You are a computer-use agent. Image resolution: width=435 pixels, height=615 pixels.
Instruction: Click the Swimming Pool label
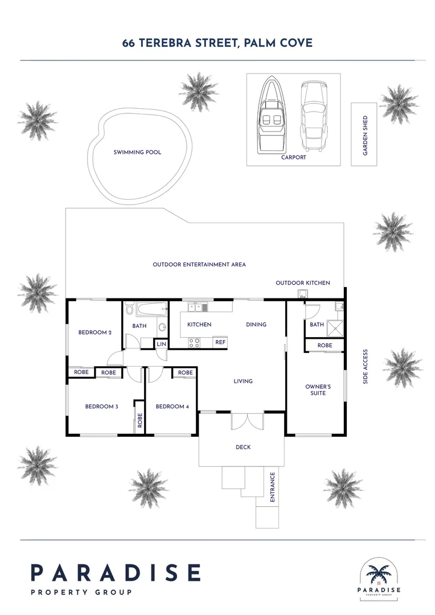[137, 152]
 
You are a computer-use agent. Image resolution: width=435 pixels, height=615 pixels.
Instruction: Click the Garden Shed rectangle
[364, 134]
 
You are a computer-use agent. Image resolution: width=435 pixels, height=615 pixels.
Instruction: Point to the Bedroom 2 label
[95, 332]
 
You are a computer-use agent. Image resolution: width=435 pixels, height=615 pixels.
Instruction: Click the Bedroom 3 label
[101, 407]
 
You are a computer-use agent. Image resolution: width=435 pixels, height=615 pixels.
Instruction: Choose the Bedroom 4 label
[172, 407]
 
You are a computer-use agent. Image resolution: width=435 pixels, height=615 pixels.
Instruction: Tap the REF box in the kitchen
[220, 342]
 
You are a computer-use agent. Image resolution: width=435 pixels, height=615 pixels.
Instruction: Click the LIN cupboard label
[161, 344]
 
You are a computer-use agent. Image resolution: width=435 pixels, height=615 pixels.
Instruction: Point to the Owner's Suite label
[318, 390]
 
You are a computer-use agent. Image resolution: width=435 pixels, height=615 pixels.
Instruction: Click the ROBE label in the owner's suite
[325, 346]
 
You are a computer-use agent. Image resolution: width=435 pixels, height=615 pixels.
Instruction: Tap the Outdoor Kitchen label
[302, 283]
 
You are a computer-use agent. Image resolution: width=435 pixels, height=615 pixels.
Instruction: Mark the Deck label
[243, 447]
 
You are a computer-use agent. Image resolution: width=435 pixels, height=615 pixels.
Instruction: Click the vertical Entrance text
[272, 487]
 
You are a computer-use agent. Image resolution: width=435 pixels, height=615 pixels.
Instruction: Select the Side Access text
[366, 366]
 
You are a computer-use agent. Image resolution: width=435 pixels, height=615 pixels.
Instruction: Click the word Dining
[256, 325]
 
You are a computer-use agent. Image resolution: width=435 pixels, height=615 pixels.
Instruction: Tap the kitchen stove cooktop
[194, 342]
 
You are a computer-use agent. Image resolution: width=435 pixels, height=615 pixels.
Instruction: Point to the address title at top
[217, 43]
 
